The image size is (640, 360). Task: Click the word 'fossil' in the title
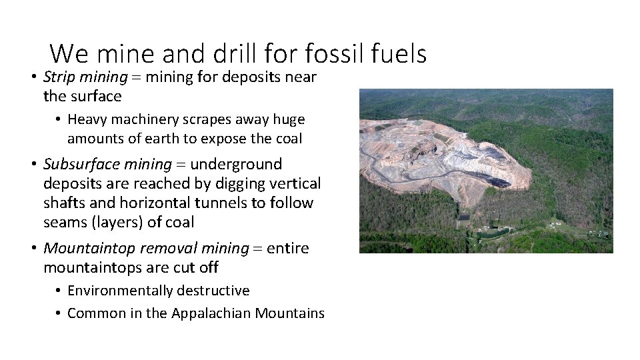coord(330,53)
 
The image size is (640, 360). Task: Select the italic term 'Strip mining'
coord(85,77)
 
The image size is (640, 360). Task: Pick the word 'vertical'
coord(293,183)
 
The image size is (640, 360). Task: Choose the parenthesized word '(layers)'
coord(115,222)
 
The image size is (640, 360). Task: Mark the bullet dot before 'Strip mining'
coord(33,77)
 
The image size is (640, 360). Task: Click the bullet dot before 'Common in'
coord(59,313)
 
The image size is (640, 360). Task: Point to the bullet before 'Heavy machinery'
coord(59,120)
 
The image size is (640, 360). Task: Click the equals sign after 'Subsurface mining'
coord(181,164)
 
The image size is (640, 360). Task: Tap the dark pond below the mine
coord(463,217)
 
